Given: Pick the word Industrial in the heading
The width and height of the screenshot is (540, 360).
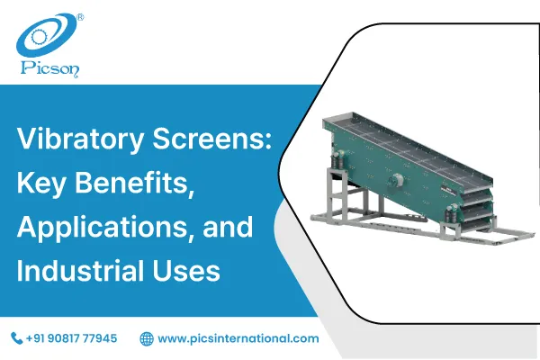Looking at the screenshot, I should (86, 269).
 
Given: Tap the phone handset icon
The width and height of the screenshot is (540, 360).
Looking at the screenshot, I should (16, 338).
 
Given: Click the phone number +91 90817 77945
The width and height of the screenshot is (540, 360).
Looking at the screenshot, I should (72, 338).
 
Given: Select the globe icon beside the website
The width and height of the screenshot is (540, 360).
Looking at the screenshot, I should (147, 338).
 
